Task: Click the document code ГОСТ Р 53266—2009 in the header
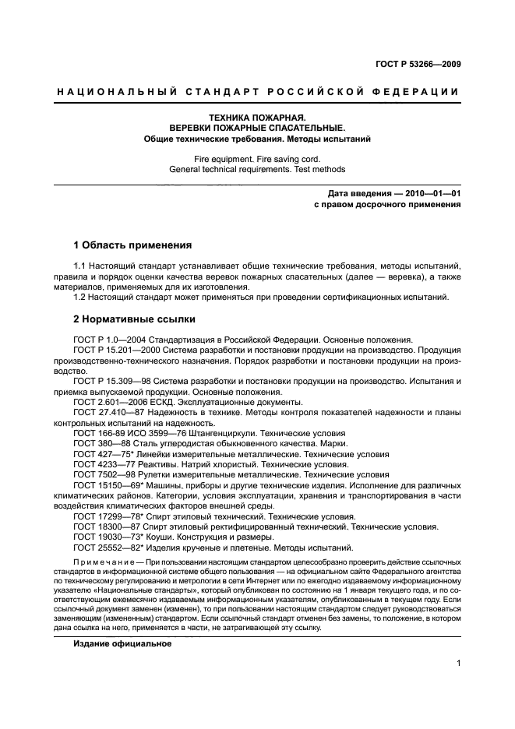click(x=416, y=65)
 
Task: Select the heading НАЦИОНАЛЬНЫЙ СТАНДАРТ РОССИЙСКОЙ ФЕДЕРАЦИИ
click(x=257, y=93)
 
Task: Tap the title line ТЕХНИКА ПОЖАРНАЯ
click(x=257, y=117)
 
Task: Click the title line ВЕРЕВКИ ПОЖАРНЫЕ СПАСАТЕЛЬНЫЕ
click(x=257, y=128)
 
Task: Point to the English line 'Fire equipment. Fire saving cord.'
click(x=257, y=158)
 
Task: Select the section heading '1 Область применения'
click(x=132, y=245)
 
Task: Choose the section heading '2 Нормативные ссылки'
click(x=134, y=319)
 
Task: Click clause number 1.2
click(x=81, y=297)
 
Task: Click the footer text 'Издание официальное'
click(x=122, y=644)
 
